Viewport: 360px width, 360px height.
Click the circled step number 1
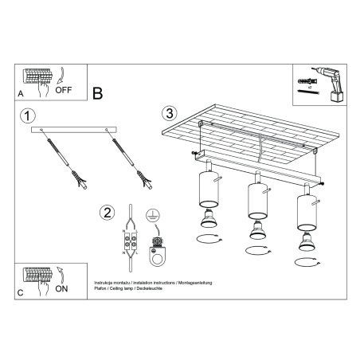[29, 117]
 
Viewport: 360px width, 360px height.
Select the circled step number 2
[106, 213]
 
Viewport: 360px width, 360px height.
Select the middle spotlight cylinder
[256, 198]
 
